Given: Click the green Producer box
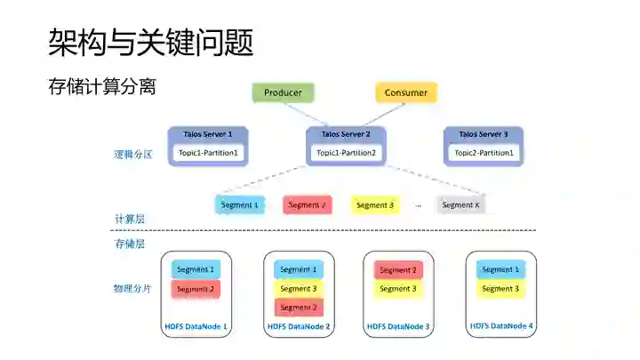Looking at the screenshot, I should coord(283,92).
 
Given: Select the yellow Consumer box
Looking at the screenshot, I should coord(405,92).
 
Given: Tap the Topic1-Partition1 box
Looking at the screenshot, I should coord(208,153).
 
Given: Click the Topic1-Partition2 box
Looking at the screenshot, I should coord(346,153).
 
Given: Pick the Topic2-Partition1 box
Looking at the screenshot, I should coord(484,153).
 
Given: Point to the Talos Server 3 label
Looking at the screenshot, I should coord(484,134).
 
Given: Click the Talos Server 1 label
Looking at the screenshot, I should coord(208,134).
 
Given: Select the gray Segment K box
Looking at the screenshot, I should coord(461,205).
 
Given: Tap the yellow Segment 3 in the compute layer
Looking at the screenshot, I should coord(374,205).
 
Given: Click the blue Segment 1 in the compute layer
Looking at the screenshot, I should coord(239,205).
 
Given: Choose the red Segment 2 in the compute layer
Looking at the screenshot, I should coord(307,205).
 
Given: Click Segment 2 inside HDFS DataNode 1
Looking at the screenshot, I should coord(196,289).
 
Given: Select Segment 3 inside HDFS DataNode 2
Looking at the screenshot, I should coord(299,289).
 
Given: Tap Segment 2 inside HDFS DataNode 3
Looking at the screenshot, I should coord(397,269).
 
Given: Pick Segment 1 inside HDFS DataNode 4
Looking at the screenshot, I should coord(500,269).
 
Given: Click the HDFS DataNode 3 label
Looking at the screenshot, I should coord(398,327).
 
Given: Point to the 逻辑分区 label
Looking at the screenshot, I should coord(132,154).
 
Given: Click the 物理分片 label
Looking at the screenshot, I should coord(132,289).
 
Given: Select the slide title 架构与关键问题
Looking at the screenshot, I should coord(150,41).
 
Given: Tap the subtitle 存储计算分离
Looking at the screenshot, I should coord(102,87).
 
